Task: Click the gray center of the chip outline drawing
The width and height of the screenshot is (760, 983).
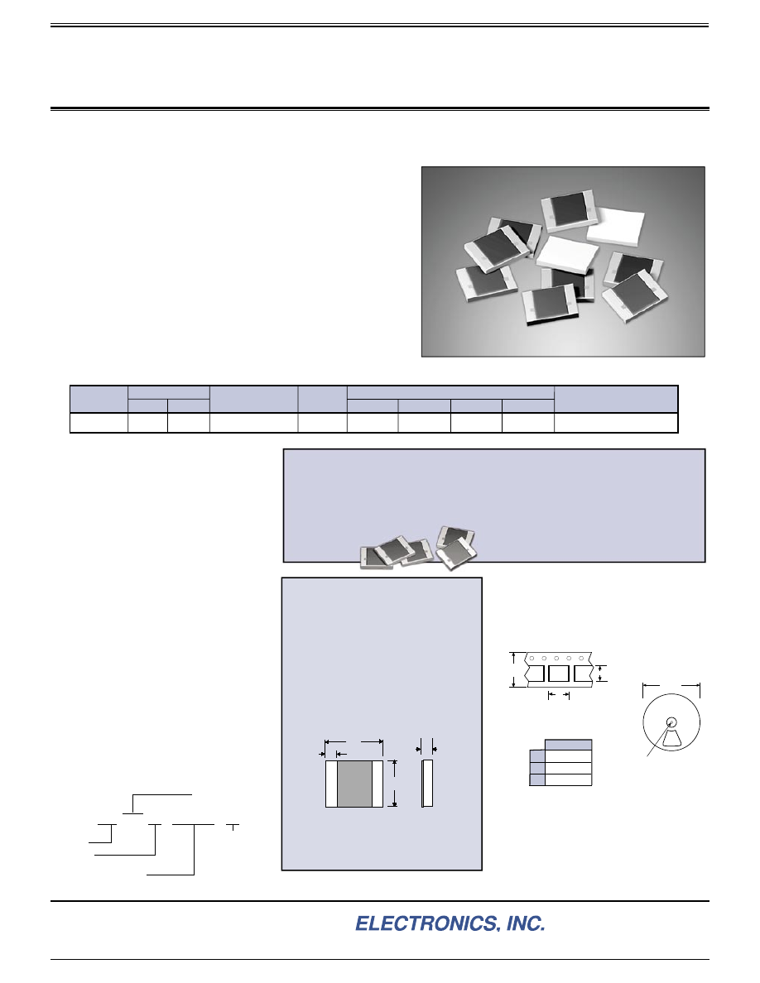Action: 354,784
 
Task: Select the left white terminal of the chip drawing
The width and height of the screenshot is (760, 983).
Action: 331,784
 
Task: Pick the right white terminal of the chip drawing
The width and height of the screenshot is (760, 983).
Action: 377,784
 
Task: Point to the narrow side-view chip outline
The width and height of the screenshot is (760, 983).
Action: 427,784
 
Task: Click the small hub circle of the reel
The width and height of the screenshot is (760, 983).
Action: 671,722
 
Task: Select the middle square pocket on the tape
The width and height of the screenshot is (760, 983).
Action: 558,674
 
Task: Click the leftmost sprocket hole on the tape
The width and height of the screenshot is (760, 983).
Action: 532,659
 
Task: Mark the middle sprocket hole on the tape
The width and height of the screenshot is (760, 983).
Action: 556,659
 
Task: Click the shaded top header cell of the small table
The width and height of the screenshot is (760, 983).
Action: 568,745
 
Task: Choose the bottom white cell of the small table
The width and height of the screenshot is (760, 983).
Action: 568,779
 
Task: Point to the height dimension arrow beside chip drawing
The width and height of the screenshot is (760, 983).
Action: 394,784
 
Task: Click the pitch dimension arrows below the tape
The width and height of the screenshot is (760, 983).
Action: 559,694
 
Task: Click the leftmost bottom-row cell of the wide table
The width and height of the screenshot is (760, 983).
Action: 99,423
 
